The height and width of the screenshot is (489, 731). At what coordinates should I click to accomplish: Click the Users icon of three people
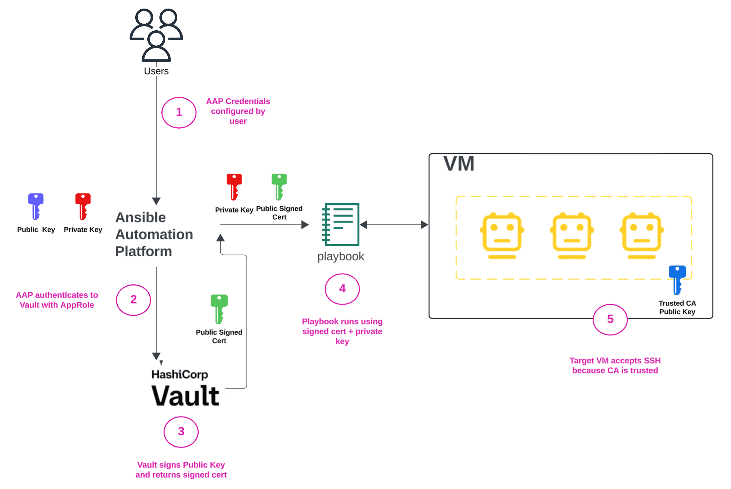pos(156,35)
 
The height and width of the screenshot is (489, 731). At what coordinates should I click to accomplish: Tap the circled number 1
pos(179,112)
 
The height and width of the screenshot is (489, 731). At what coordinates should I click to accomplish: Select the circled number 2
pos(133,300)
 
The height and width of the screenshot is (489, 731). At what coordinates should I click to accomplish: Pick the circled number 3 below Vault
pos(181,432)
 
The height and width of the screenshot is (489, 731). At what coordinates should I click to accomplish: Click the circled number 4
pos(342,289)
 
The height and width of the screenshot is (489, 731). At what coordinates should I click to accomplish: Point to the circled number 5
pos(610,319)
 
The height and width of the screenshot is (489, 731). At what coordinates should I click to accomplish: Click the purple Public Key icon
pos(36,206)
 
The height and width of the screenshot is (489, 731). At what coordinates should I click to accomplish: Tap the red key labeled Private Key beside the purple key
pos(83,206)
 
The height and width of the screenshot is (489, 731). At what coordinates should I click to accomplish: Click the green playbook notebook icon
pos(341,224)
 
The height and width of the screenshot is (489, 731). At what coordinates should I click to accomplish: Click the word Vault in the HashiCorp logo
pos(185,395)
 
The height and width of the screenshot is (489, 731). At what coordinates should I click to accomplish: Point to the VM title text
pos(459,164)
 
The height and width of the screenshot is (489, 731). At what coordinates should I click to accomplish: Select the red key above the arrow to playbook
pos(234,187)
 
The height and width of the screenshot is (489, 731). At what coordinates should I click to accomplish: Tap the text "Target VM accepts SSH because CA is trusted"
pos(615,365)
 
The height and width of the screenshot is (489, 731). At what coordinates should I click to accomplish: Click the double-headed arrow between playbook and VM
pos(394,225)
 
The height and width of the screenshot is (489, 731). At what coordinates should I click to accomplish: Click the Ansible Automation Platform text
pos(154,234)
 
